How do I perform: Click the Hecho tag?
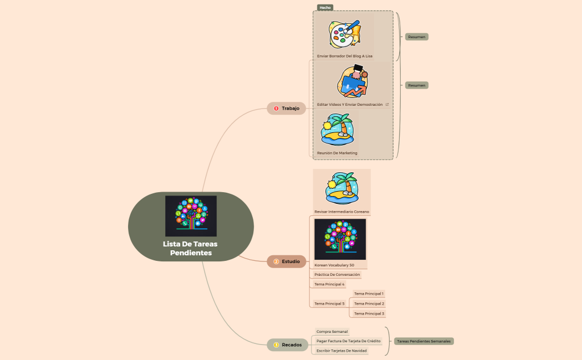[325, 8]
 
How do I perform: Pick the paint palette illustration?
[344, 34]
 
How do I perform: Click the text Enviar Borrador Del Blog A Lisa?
[345, 56]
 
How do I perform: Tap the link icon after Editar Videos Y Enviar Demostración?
[387, 104]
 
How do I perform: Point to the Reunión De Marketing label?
[337, 153]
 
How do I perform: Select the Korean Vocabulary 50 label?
[334, 265]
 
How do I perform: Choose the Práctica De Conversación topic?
[337, 274]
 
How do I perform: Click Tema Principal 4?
[329, 284]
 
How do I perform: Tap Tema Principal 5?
[329, 304]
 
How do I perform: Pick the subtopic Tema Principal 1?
[369, 294]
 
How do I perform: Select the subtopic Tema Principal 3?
[369, 313]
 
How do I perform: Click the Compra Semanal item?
[332, 331]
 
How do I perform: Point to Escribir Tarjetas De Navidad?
[341, 351]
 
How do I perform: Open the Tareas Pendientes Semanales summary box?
[424, 341]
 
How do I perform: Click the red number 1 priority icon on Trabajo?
[276, 109]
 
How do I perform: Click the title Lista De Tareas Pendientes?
[190, 248]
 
